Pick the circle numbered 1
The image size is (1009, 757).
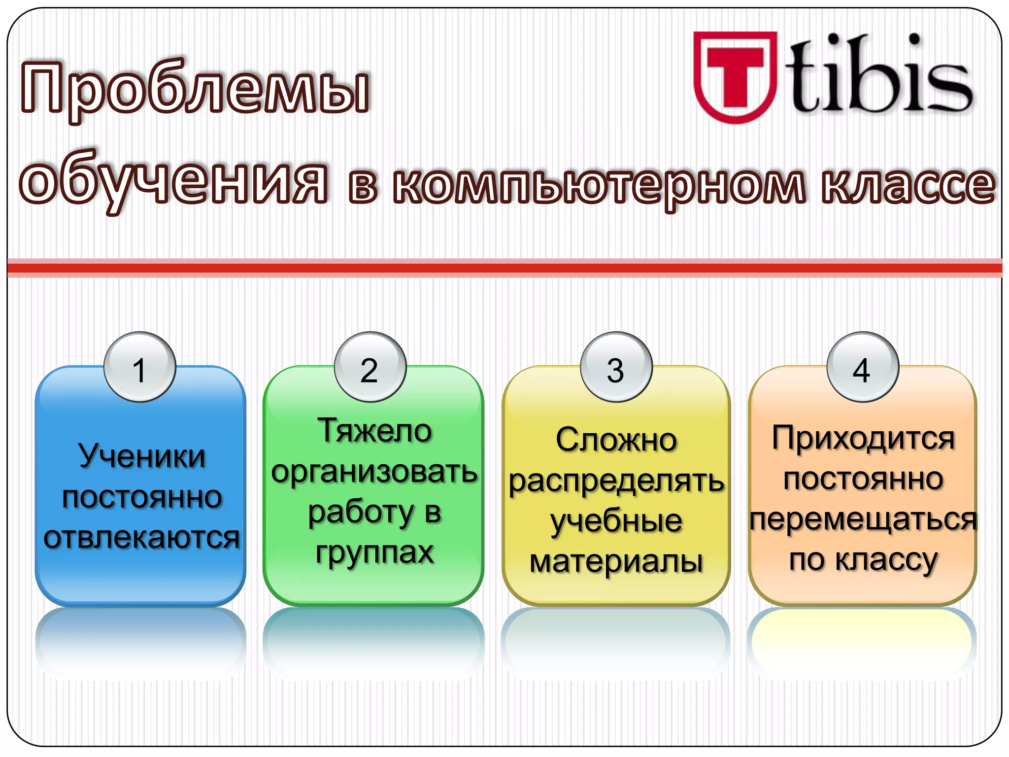pyautogui.click(x=140, y=367)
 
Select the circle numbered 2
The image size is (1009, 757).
pyautogui.click(x=370, y=367)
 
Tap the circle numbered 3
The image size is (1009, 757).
pyautogui.click(x=616, y=367)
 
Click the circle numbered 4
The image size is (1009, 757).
pyautogui.click(x=863, y=367)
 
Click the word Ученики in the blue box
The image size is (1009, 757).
pyautogui.click(x=141, y=456)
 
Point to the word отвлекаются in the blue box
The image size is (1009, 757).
pyautogui.click(x=141, y=537)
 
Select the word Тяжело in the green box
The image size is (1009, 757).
pyautogui.click(x=374, y=431)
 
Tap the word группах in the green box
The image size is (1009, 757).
pyautogui.click(x=374, y=552)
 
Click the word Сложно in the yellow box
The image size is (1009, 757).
pyautogui.click(x=616, y=440)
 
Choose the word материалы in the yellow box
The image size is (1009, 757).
pyautogui.click(x=616, y=562)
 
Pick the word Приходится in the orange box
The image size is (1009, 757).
pyautogui.click(x=863, y=439)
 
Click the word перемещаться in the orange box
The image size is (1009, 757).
pyautogui.click(x=863, y=519)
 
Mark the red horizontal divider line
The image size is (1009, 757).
pyautogui.click(x=504, y=268)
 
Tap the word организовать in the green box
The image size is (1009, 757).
pyautogui.click(x=374, y=472)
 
